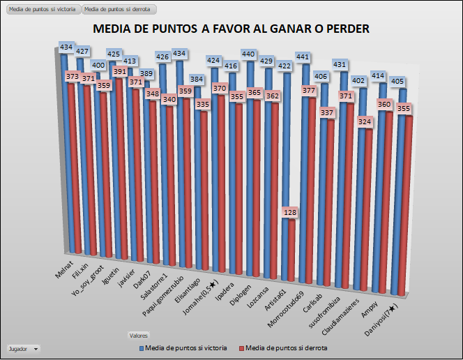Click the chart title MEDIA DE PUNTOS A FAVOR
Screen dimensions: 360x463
point(231,29)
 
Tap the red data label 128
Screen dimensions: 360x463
point(291,212)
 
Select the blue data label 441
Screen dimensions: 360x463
point(303,57)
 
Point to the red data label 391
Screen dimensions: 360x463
point(119,72)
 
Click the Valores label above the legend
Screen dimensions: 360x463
point(138,335)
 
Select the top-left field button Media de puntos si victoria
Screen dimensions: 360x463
point(41,9)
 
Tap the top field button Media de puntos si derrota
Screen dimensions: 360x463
point(117,9)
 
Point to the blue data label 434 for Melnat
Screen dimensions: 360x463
point(67,47)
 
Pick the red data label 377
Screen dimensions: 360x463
point(308,90)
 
